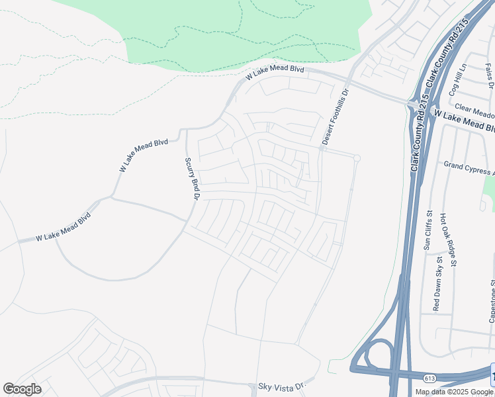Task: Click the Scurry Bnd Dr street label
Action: [192, 178]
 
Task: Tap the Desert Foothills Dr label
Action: [335, 117]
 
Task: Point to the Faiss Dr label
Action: [489, 75]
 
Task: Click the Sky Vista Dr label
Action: [283, 385]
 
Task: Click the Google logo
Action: [22, 389]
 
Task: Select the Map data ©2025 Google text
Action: [455, 392]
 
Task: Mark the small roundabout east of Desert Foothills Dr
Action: [357, 157]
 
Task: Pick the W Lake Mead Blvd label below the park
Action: [274, 72]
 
